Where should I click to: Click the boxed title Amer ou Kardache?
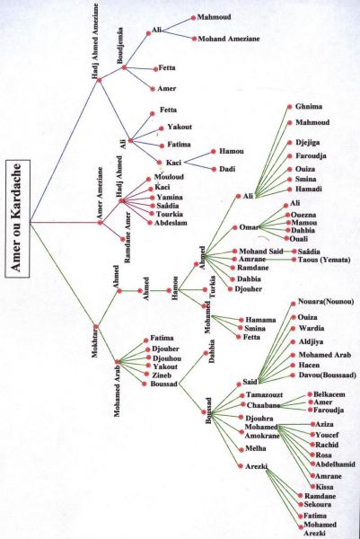click(17, 218)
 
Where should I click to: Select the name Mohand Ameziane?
click(229, 39)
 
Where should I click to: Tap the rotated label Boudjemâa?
click(120, 46)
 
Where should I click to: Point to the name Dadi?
click(227, 169)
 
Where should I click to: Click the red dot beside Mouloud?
click(148, 179)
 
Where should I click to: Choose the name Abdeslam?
click(171, 223)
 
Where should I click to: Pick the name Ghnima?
click(309, 107)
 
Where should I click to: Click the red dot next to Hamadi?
click(290, 189)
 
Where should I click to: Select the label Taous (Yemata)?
click(324, 260)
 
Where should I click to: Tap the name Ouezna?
click(303, 215)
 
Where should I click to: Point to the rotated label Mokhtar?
click(95, 343)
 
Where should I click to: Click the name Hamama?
click(260, 320)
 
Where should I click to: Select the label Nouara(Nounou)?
click(326, 302)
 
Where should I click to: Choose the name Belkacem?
click(329, 394)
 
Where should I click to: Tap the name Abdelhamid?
click(335, 464)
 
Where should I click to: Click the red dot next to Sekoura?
click(301, 505)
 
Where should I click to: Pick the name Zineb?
click(162, 376)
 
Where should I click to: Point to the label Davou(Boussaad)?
click(327, 375)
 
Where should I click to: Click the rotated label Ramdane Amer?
click(127, 237)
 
